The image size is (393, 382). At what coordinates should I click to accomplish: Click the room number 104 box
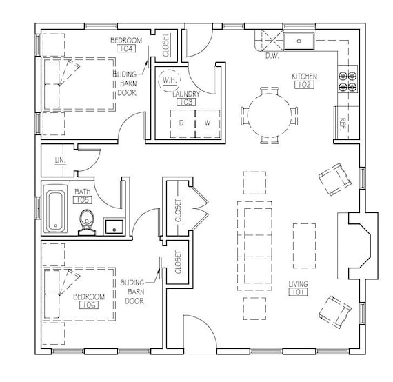pos(126,48)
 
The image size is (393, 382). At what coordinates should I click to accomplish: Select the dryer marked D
pos(183,124)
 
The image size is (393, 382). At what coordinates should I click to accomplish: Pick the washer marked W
pos(208,124)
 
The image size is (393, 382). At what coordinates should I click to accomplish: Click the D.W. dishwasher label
pos(272,56)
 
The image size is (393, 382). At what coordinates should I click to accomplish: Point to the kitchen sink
pos(299,41)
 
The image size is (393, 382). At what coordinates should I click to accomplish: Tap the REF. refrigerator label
pos(342,124)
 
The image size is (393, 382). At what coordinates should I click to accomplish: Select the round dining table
pos(269,115)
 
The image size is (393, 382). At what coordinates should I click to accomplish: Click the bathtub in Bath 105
pos(56,210)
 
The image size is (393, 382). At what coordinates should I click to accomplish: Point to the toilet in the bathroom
pos(87,223)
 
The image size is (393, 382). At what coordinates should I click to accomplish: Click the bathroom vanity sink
pos(114,227)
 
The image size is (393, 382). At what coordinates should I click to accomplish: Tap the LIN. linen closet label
pos(61,160)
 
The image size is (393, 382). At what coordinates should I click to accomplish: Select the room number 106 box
pos(89,305)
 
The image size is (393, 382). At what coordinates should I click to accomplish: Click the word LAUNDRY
pos(186,94)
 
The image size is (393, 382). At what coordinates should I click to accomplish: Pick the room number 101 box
pos(298,292)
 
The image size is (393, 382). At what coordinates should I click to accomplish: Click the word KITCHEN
pos(305,77)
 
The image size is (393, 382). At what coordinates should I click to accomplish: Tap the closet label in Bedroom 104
pos(165,45)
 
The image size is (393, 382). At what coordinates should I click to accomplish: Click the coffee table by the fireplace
pos(304,246)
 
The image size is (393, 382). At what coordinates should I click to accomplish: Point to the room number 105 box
pos(83,200)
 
